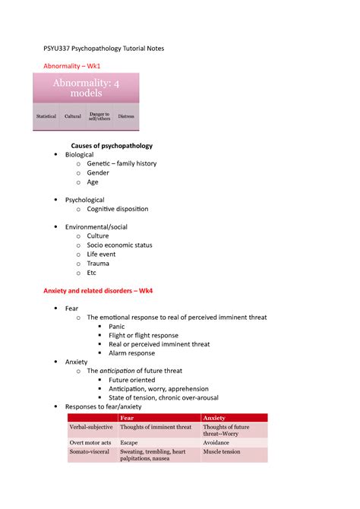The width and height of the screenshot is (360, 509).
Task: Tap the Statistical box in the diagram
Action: pyautogui.click(x=46, y=116)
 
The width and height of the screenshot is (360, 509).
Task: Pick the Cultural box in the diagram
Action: pyautogui.click(x=73, y=116)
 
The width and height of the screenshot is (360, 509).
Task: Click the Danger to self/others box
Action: pyautogui.click(x=99, y=116)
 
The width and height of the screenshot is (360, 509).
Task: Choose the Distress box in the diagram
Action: pyautogui.click(x=126, y=116)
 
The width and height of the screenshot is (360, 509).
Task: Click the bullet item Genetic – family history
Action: pyautogui.click(x=122, y=163)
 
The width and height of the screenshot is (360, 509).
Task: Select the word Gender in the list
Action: pyautogui.click(x=98, y=172)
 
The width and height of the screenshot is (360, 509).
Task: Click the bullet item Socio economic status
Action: pyautogui.click(x=119, y=245)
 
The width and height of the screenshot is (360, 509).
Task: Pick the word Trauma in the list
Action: pyautogui.click(x=99, y=263)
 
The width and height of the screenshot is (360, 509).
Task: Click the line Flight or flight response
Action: pyautogui.click(x=144, y=335)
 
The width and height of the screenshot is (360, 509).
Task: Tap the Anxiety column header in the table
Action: pyautogui.click(x=214, y=418)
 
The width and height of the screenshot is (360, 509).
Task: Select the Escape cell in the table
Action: pyautogui.click(x=129, y=442)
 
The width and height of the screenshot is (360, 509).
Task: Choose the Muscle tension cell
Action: pyautogui.click(x=222, y=451)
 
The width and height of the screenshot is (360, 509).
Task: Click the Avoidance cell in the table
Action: pyautogui.click(x=219, y=442)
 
